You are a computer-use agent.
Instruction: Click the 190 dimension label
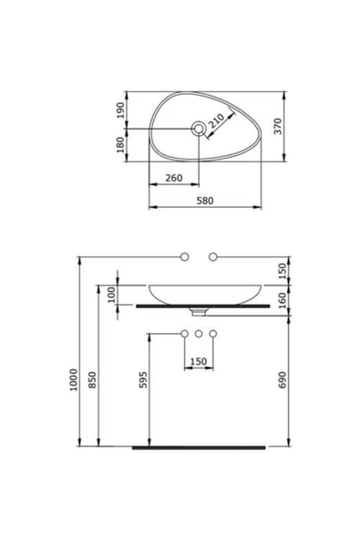(x=120, y=110)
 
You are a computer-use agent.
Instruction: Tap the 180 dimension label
(x=120, y=145)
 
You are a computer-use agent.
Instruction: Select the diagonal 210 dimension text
(x=217, y=121)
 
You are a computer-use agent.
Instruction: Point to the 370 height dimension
(x=278, y=127)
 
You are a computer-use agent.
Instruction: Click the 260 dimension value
(x=174, y=178)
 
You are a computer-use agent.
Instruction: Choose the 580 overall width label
(x=205, y=201)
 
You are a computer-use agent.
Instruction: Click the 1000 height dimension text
(x=74, y=379)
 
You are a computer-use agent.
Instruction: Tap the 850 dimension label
(x=93, y=379)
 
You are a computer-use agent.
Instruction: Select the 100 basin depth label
(x=112, y=295)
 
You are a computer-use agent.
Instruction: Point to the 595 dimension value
(x=143, y=379)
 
